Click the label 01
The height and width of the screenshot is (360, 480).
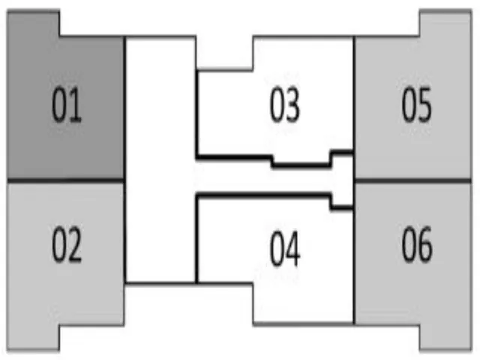67,105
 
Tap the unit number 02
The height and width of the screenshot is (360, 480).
67,244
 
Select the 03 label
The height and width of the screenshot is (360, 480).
285,105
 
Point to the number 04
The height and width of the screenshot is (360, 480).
285,248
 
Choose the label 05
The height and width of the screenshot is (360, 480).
417,105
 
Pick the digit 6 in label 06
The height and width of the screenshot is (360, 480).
425,244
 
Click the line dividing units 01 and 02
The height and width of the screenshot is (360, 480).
65,180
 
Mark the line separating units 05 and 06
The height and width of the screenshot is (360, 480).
412,181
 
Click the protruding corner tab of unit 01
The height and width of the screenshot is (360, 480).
33,23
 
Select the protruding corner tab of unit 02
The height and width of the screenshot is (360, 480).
33,337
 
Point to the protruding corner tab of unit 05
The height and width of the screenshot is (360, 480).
445,23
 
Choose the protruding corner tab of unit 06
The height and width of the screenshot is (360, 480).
445,337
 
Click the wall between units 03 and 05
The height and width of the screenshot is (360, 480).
354,94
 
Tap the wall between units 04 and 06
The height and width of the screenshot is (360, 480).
354,266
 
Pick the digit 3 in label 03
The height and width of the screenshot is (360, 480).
292,105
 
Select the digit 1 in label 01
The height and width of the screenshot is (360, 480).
75,105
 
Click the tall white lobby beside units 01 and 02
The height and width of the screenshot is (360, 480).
160,160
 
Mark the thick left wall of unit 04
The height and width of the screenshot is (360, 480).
196,238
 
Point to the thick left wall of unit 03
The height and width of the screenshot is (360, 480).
197,115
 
